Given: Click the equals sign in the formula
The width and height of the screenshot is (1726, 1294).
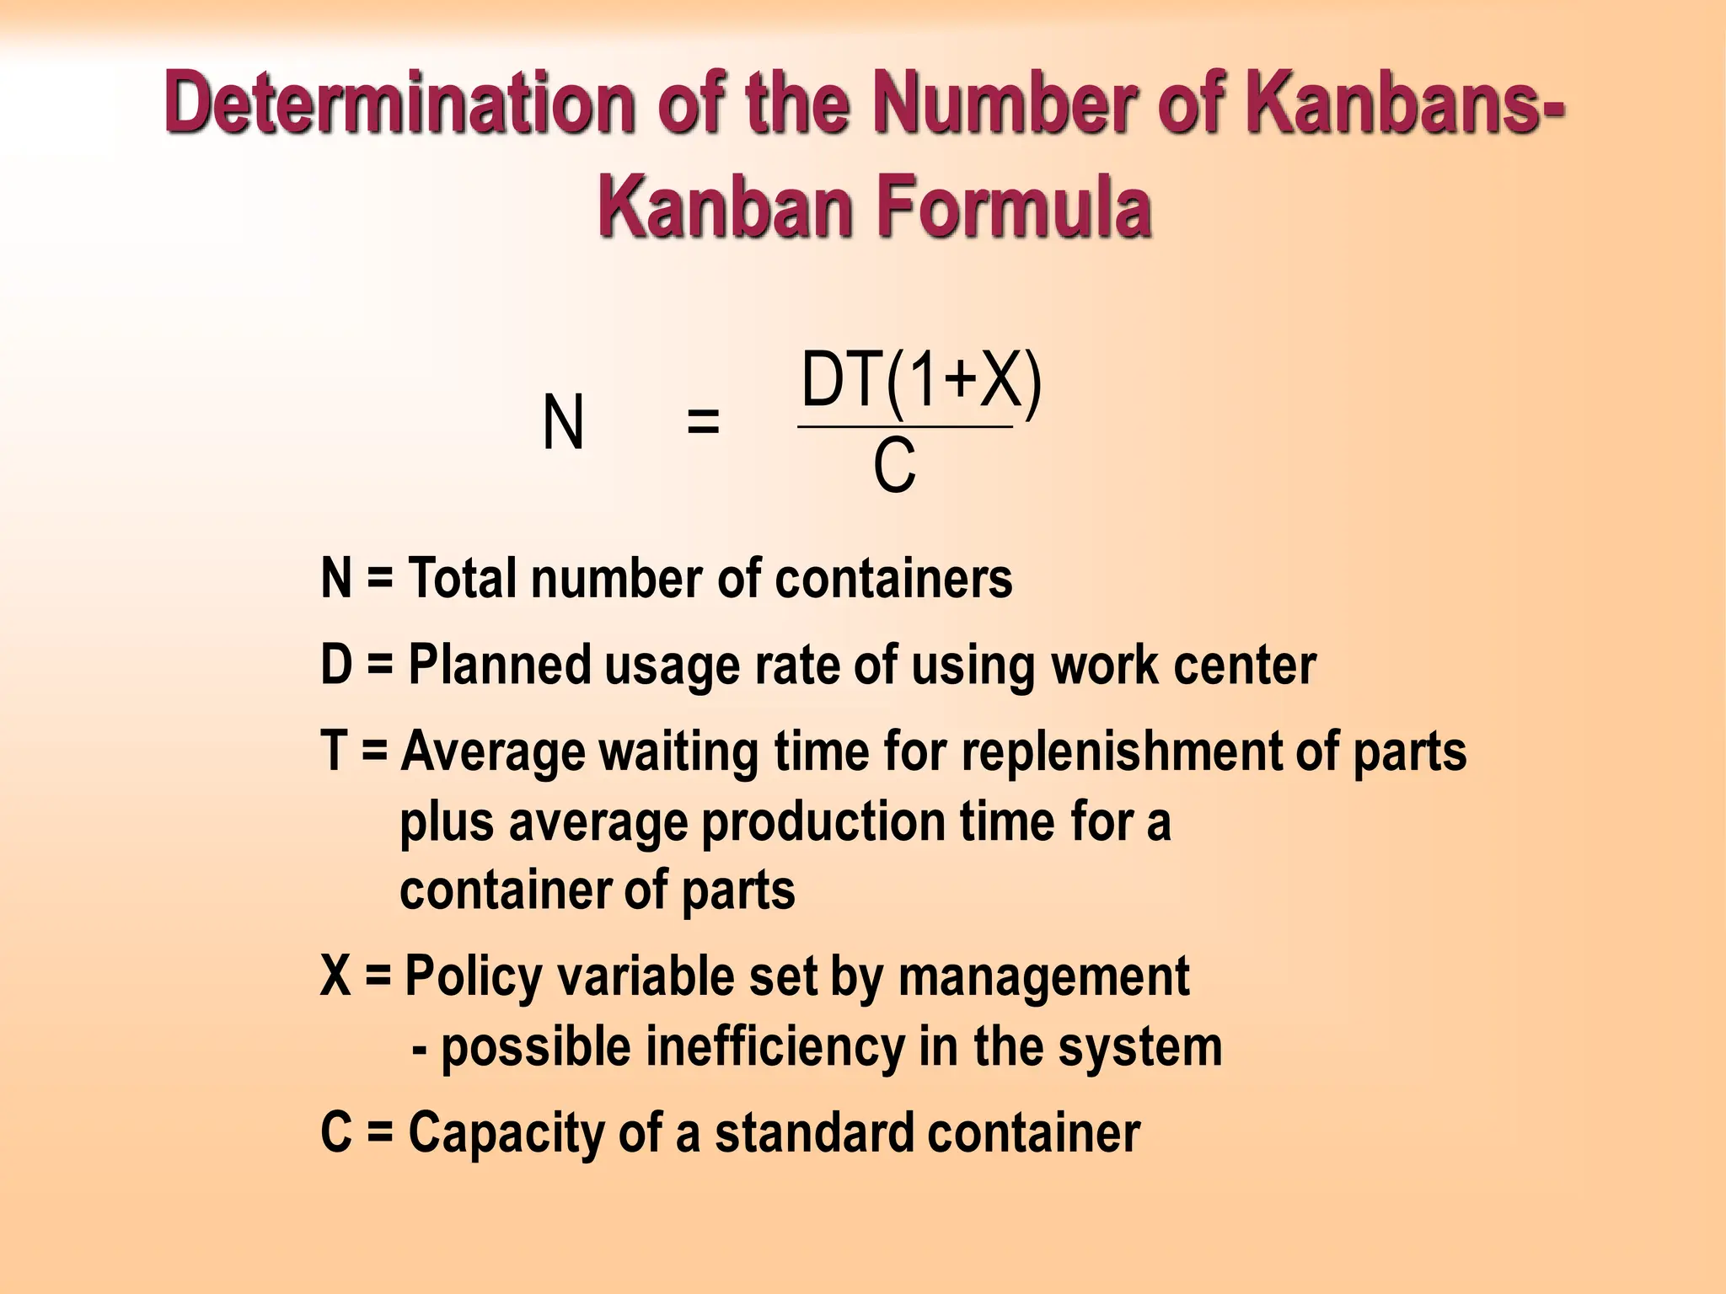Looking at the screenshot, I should [x=703, y=421].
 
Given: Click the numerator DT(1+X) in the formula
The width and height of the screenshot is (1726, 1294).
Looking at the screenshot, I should [x=921, y=382].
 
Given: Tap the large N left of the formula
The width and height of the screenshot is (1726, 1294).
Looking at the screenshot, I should [x=563, y=423].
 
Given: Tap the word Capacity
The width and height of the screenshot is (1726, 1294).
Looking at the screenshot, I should [x=506, y=1133].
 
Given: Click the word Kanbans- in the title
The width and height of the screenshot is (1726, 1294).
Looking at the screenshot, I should [x=1402, y=103].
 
